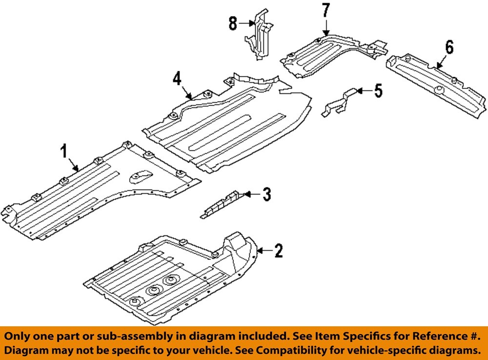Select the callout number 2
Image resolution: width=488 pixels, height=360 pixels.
coord(278,251)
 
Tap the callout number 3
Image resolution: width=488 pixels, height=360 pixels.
coord(266,194)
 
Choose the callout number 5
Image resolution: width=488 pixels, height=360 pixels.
coord(378,91)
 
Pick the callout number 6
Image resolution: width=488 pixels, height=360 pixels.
coord(448,48)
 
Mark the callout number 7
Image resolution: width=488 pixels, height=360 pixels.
coord(325,10)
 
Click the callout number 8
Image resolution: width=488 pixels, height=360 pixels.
coord(233,22)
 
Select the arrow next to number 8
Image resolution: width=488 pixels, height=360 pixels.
coord(247,22)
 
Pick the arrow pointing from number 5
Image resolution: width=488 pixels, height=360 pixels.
coord(363,90)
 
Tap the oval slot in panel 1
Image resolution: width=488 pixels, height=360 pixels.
coord(140,175)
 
